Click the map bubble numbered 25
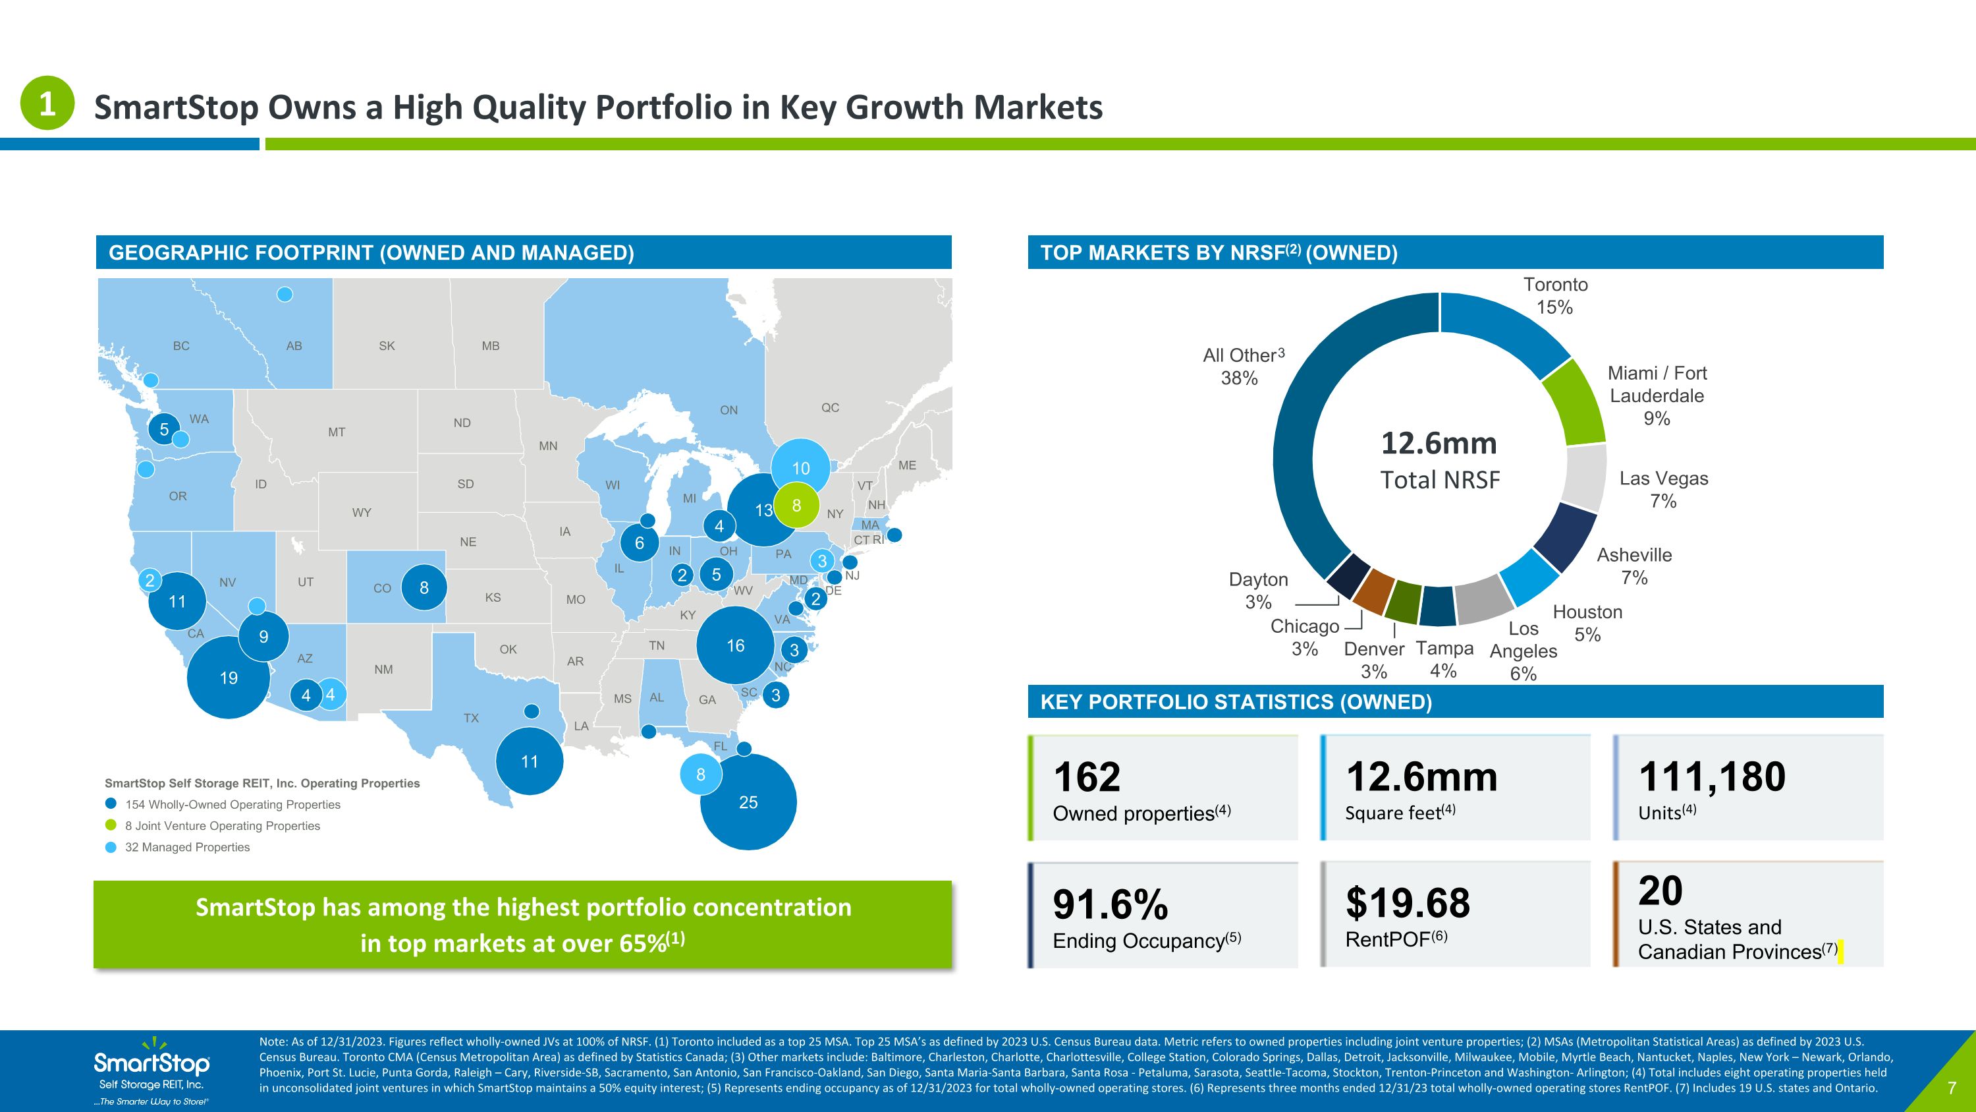click(x=748, y=802)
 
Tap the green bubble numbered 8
click(x=797, y=506)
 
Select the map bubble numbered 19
click(x=229, y=678)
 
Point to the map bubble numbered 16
click(x=736, y=645)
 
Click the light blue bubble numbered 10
click(x=800, y=468)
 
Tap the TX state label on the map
click(x=471, y=718)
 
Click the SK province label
click(x=387, y=346)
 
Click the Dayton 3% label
click(x=1259, y=590)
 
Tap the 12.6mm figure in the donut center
click(x=1439, y=444)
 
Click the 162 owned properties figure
click(x=1087, y=777)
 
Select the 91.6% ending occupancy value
click(x=1111, y=904)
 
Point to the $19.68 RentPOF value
click(x=1408, y=902)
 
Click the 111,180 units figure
click(x=1712, y=776)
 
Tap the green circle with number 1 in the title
click(x=47, y=103)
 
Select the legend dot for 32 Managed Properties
click(x=111, y=847)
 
